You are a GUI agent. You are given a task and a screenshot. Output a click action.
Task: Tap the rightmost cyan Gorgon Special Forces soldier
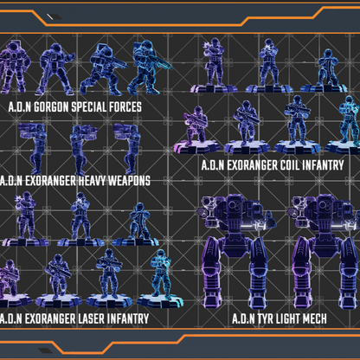(146, 68)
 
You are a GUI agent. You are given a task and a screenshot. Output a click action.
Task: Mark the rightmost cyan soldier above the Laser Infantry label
(160, 275)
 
